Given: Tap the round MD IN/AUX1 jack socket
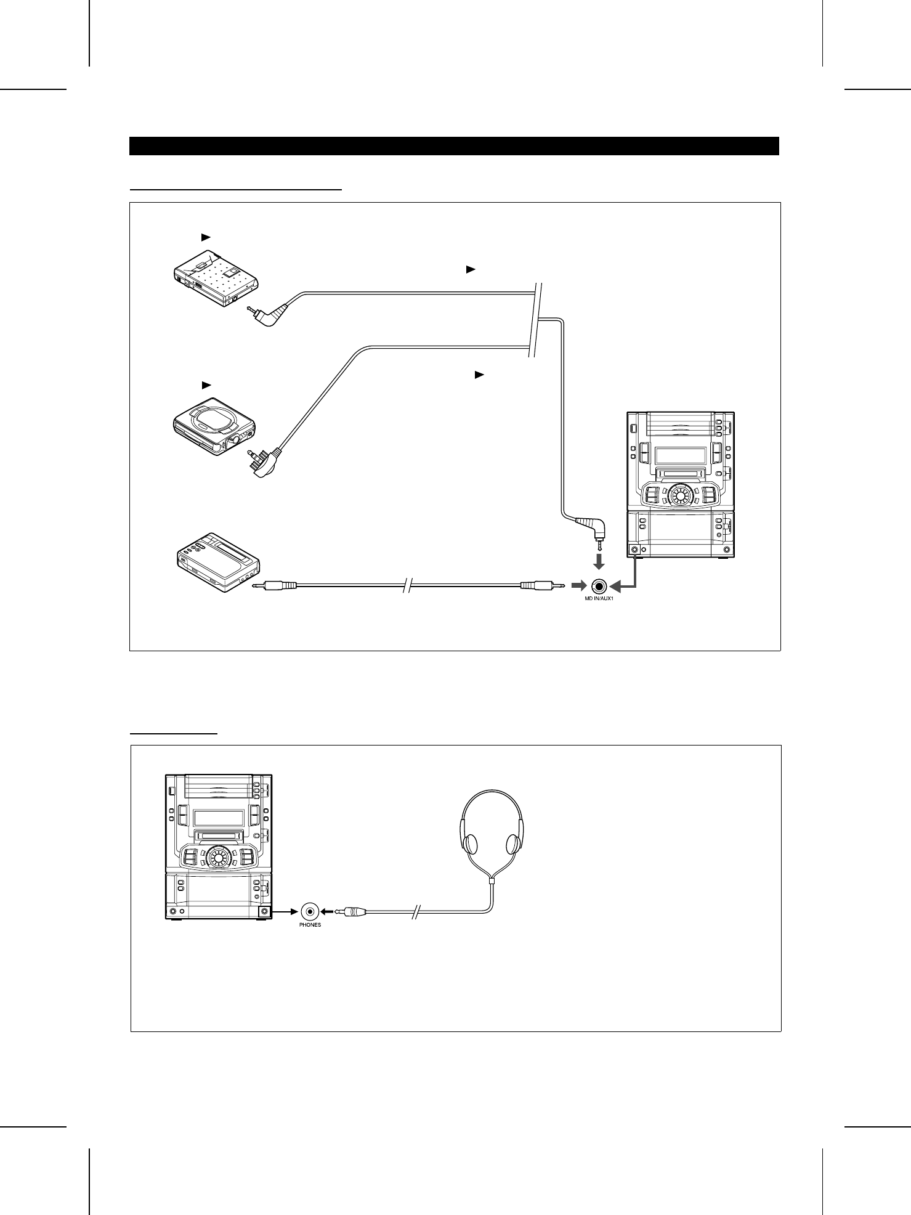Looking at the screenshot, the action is (x=599, y=586).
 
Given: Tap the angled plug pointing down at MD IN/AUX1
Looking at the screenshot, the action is (x=593, y=529).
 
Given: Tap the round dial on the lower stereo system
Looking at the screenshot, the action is (x=219, y=856).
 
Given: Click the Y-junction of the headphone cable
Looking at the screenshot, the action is (x=492, y=882).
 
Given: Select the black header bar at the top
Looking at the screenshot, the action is (x=455, y=146).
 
